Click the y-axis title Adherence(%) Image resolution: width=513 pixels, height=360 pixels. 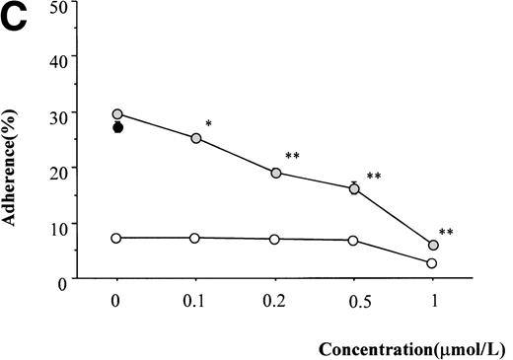point(14,169)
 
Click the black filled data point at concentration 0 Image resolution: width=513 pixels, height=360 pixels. point(117,127)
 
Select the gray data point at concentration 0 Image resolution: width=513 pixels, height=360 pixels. point(117,114)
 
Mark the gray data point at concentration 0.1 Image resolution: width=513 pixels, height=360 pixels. point(195,138)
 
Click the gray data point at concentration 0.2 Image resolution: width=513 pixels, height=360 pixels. point(275,173)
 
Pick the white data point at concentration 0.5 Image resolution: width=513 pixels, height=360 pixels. point(353,241)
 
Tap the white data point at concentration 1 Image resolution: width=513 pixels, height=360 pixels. point(432,263)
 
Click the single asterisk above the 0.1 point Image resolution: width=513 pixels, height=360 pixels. point(208,125)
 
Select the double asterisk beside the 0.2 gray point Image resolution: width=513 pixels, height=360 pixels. point(292,157)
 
